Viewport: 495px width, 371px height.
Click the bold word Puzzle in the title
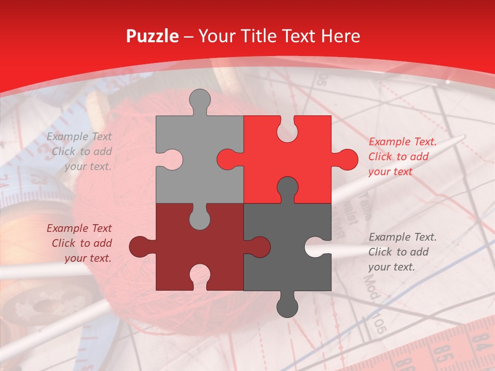point(152,36)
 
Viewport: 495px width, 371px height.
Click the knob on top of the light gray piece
point(200,100)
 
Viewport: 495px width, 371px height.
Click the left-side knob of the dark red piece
point(141,246)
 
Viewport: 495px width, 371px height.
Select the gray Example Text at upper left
point(79,137)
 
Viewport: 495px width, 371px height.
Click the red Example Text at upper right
point(402,142)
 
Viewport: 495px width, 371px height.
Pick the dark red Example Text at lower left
point(79,228)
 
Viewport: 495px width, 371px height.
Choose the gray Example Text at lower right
point(402,237)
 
